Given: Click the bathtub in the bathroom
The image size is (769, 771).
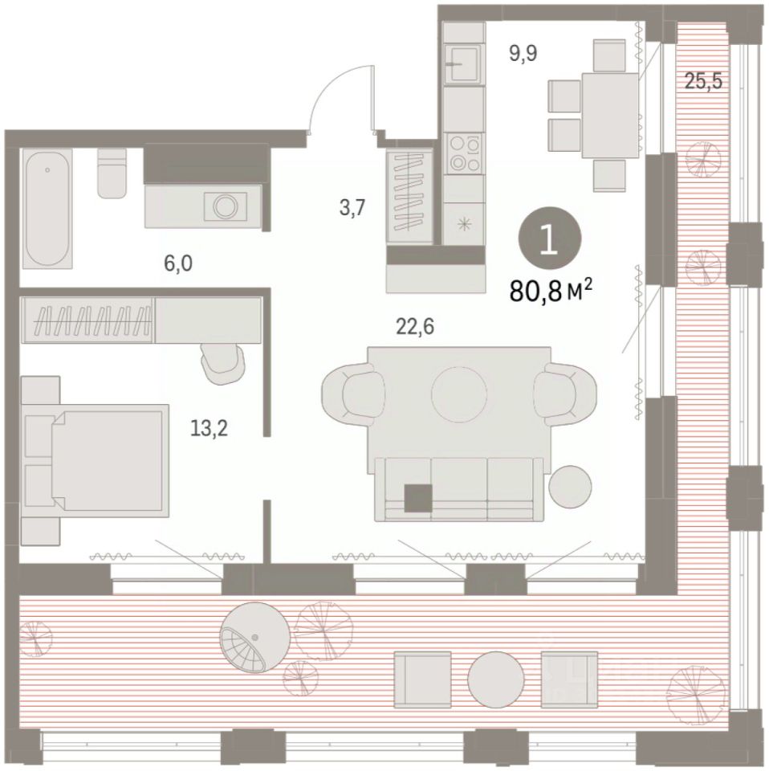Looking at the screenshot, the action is (47, 209).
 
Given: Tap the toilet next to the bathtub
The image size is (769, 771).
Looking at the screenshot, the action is (112, 173).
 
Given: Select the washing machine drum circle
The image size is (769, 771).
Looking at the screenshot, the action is (226, 206).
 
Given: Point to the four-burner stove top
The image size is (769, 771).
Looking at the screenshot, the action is (463, 154).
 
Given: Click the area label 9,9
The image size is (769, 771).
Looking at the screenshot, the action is (523, 53).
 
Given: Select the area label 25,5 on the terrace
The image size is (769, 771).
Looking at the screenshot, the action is (704, 80).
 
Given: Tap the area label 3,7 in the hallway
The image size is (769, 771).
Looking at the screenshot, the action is (352, 208).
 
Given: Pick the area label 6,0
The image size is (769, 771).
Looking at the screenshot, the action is (178, 263).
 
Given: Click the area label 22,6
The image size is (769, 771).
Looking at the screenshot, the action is (415, 326).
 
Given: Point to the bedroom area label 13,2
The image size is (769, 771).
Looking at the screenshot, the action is (210, 429).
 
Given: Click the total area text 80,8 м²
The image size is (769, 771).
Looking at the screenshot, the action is (551, 291).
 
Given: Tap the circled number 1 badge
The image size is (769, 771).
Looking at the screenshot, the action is (550, 238).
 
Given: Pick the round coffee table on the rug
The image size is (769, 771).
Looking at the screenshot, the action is (459, 394).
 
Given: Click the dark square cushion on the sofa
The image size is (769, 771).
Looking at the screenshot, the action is (419, 498).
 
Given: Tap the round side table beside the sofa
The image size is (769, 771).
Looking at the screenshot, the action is (570, 487).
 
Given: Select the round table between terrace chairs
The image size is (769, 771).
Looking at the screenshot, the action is (496, 679).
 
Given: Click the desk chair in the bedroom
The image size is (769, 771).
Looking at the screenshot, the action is (223, 362).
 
